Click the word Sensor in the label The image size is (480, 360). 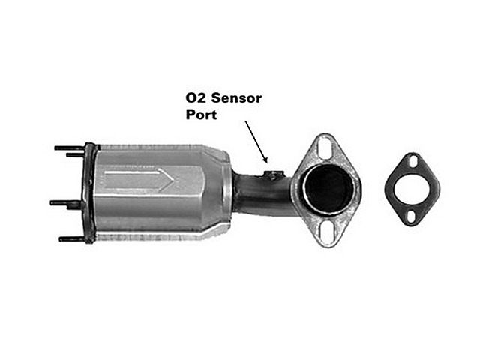click(x=236, y=98)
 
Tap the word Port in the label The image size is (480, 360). click(x=202, y=115)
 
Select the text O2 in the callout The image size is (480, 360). click(x=196, y=98)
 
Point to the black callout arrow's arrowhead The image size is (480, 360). click(x=265, y=159)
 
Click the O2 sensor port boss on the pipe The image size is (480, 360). click(x=271, y=175)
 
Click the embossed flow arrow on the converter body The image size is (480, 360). click(x=139, y=181)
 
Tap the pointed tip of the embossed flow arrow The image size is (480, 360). click(x=175, y=181)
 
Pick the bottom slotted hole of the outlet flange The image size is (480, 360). click(x=327, y=232)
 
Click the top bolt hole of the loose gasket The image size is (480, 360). click(x=413, y=162)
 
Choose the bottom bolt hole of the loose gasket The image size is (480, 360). click(x=411, y=217)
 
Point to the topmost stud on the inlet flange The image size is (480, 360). click(x=70, y=148)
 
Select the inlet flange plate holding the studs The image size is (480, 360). click(x=89, y=193)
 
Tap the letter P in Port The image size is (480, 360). click(x=190, y=114)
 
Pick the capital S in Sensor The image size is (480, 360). click(x=216, y=98)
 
